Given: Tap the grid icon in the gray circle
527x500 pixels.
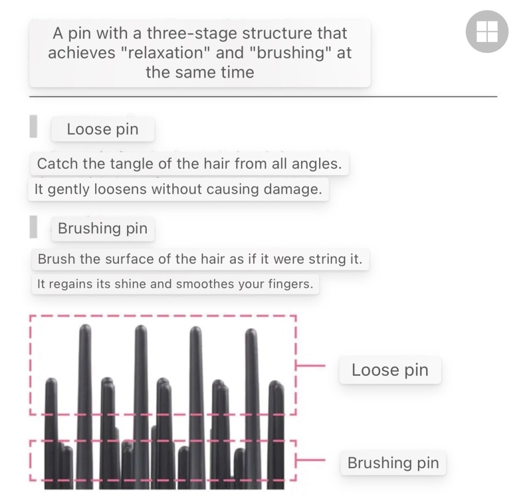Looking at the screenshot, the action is (487, 31).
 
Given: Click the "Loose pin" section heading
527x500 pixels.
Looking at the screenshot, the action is (102, 129).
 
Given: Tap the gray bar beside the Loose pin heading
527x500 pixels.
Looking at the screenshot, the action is (33, 126).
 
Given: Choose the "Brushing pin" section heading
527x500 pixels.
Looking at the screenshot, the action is (102, 229).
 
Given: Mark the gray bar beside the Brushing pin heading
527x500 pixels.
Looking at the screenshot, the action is (33, 227).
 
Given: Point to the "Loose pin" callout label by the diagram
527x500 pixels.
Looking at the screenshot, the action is (390, 370).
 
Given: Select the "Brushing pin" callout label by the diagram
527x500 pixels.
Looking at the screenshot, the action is (393, 463).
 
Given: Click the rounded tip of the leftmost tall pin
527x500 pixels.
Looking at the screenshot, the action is (85, 327).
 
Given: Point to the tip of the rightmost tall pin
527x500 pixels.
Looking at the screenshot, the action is (251, 331).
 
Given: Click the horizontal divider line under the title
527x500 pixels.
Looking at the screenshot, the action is (263, 97).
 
